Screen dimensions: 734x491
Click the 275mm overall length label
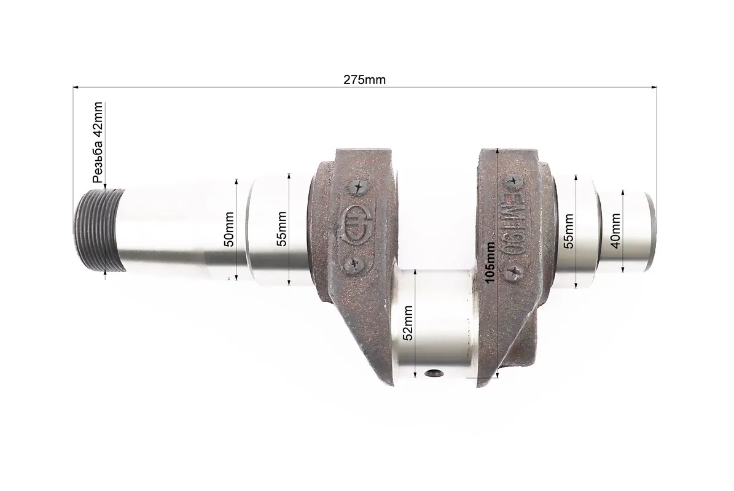pos(364,80)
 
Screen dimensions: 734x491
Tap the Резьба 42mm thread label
pos(98,142)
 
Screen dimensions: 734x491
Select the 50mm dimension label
pos(229,229)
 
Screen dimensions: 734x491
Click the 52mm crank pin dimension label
pos(408,323)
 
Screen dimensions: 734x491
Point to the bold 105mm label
pos(490,262)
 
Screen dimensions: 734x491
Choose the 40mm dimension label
pos(615,231)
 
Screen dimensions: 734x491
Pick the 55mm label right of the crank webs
pos(568,231)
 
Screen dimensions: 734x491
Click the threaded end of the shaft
pos(100,230)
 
